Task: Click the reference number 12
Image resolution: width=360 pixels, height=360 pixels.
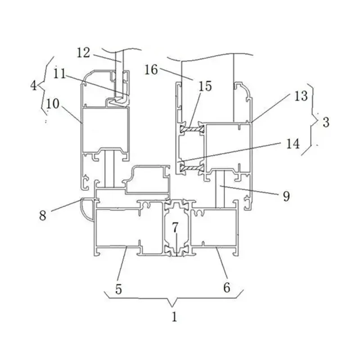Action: pyautogui.click(x=83, y=53)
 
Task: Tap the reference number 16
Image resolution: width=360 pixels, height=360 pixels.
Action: pyautogui.click(x=152, y=70)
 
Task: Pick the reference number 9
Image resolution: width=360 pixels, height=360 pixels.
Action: pyautogui.click(x=286, y=196)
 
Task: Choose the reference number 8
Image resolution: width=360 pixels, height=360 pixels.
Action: pyautogui.click(x=43, y=215)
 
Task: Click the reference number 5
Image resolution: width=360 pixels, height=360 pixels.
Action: pyautogui.click(x=118, y=288)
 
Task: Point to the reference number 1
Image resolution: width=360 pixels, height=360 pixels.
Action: pyautogui.click(x=174, y=316)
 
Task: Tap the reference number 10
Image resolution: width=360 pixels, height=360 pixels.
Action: pyautogui.click(x=53, y=103)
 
